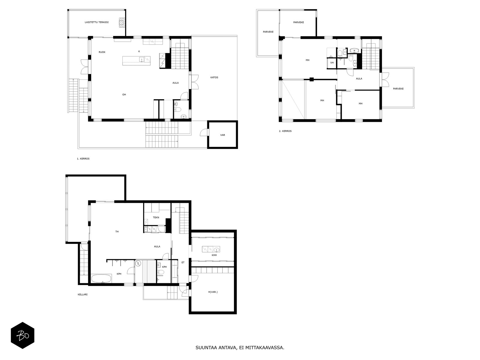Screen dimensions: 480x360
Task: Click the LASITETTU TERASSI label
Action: [97, 22]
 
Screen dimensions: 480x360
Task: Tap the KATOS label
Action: [214, 77]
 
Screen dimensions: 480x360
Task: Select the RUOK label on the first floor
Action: [102, 52]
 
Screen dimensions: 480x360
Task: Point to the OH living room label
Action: [124, 94]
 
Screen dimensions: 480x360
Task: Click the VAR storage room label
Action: [223, 135]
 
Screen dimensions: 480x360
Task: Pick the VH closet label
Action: [332, 63]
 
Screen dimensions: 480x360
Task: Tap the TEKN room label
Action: [156, 217]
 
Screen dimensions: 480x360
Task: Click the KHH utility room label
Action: [214, 255]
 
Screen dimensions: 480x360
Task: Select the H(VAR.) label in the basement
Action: [213, 292]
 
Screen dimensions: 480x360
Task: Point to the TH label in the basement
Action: [117, 232]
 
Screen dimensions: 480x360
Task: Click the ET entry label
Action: [183, 262]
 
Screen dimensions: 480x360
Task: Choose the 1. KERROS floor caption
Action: [83, 159]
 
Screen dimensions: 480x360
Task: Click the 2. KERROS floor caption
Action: [285, 131]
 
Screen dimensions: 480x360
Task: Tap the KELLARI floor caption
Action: [83, 294]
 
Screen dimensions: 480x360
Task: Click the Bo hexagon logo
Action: [22, 335]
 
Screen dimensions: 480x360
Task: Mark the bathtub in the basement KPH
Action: [101, 279]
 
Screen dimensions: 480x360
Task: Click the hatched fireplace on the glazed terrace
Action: [121, 22]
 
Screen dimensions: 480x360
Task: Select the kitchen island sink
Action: [142, 59]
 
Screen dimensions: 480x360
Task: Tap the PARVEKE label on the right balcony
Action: [398, 89]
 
